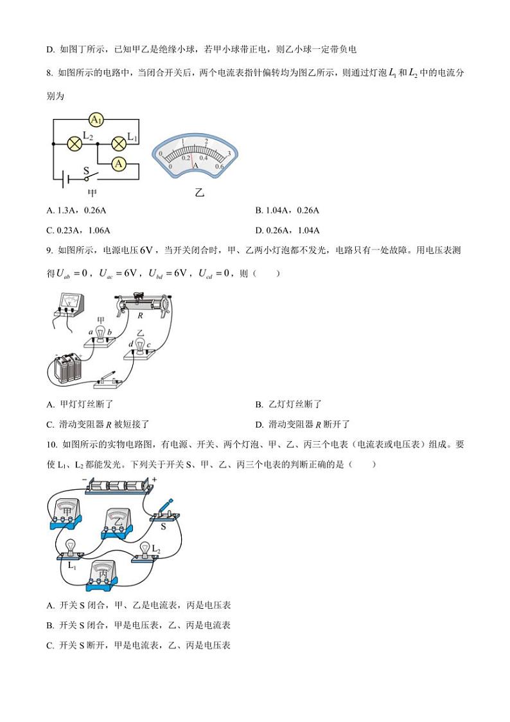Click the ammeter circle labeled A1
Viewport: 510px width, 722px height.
point(96,120)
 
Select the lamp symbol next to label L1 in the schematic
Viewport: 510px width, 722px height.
point(118,143)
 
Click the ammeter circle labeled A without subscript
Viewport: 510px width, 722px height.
point(118,165)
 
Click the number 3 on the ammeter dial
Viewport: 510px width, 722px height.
point(229,153)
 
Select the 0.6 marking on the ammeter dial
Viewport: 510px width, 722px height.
point(219,166)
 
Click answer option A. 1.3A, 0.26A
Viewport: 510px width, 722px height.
point(77,211)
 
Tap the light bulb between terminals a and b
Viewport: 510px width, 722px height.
point(100,330)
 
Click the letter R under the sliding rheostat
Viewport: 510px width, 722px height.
point(140,315)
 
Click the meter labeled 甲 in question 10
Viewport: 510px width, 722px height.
point(66,512)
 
